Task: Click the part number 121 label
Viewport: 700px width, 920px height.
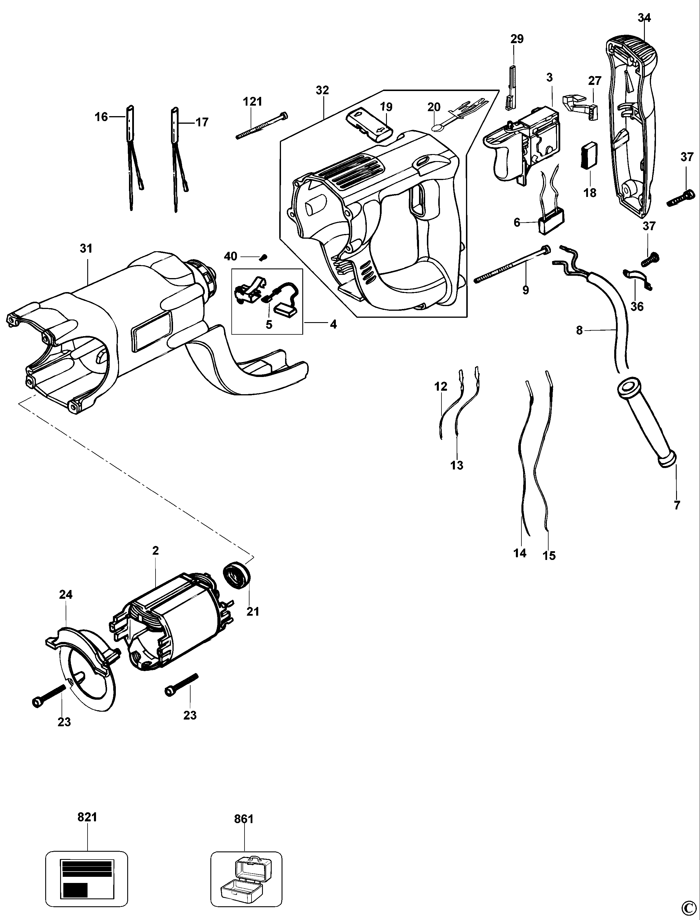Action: pyautogui.click(x=252, y=101)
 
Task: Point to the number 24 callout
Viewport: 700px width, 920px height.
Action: pyautogui.click(x=66, y=595)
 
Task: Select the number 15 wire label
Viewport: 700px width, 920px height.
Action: pyautogui.click(x=549, y=556)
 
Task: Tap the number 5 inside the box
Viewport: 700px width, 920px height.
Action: pyautogui.click(x=269, y=324)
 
